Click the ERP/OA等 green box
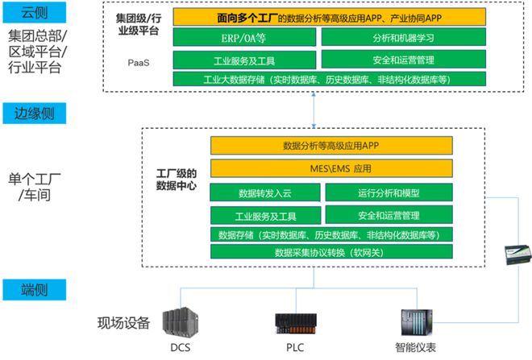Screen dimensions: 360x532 tap(243, 37)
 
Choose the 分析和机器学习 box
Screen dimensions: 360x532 tap(402, 37)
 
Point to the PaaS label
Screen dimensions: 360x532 tap(138, 61)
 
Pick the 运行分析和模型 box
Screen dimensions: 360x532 tap(388, 193)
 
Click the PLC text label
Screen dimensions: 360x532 tap(292, 348)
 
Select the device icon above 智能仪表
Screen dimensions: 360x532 tap(417, 321)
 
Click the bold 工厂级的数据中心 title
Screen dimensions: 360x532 tap(177, 179)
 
